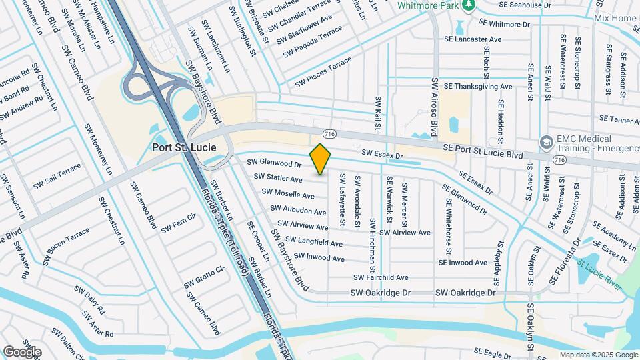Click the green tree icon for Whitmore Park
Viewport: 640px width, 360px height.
coord(469,6)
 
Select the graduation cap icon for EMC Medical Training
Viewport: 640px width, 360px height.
coord(547,142)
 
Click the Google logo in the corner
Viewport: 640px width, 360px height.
coord(22,351)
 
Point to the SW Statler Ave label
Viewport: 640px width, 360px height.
coord(278,178)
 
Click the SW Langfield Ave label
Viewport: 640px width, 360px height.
coord(314,242)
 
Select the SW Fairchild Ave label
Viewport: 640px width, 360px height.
coord(381,277)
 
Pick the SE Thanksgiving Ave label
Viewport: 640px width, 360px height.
coord(478,87)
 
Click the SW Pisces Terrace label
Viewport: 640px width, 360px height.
coord(323,73)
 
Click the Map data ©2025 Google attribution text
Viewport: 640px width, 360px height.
coord(599,355)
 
